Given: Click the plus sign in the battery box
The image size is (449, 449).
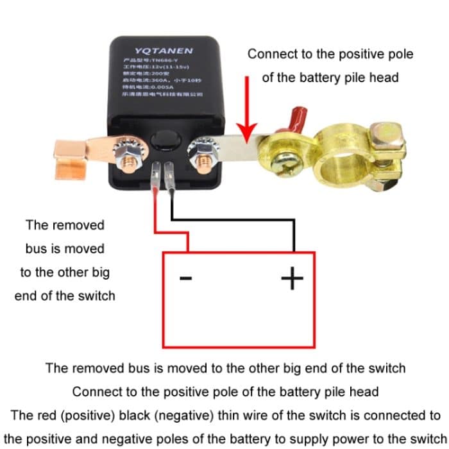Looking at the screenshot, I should (292, 278).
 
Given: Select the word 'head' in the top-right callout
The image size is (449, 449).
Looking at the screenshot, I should (382, 78).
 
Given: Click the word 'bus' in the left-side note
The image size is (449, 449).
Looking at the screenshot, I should (37, 248).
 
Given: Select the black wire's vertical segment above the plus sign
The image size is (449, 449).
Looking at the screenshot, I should (294, 237).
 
